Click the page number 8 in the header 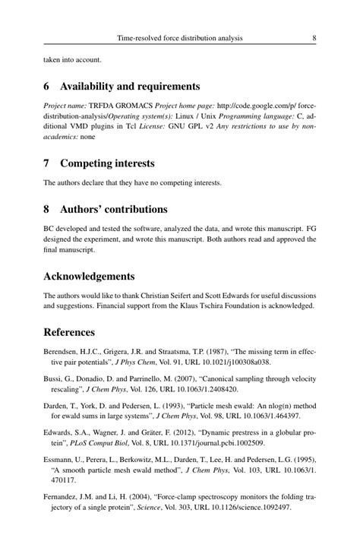(x=314, y=37)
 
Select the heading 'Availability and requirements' (x=130, y=86)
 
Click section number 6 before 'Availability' (x=47, y=86)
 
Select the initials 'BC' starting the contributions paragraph (x=49, y=227)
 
